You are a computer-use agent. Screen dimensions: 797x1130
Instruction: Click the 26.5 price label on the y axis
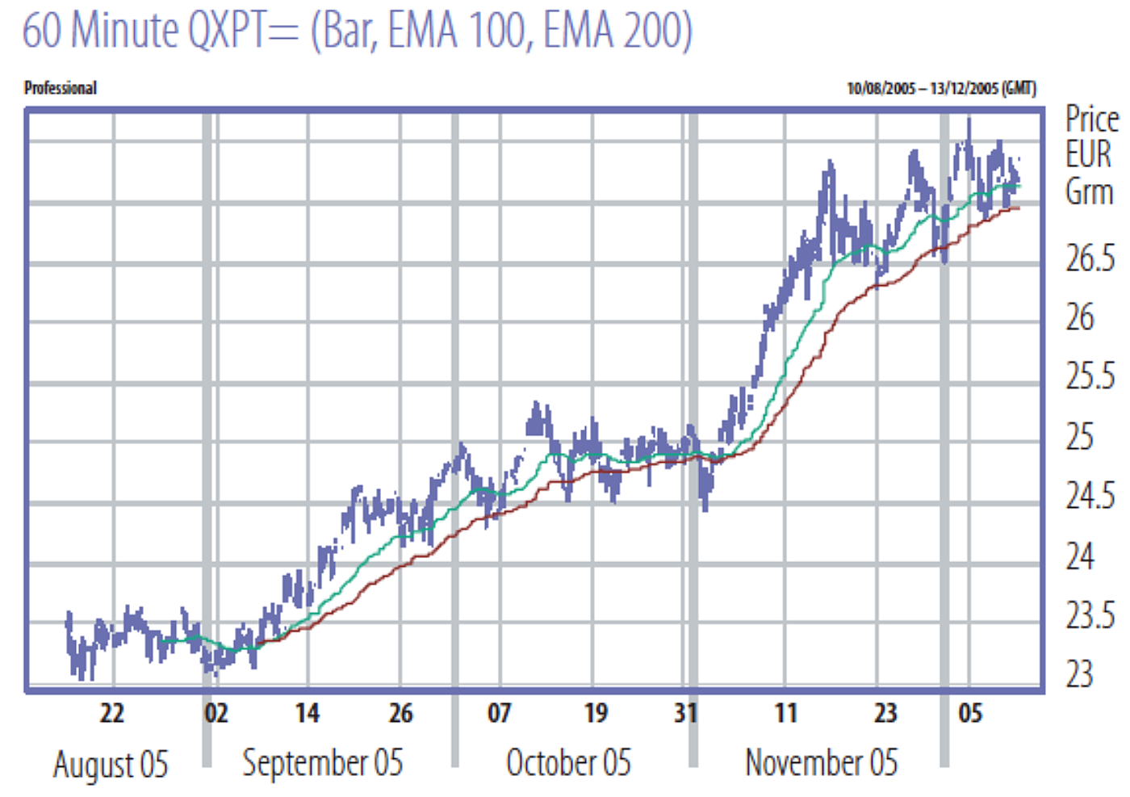1090,258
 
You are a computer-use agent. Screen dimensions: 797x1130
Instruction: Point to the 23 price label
1080,674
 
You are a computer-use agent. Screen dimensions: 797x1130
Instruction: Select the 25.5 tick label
1090,376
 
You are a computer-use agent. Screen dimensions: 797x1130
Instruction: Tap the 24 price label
1080,556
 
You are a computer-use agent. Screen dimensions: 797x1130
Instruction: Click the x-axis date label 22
112,713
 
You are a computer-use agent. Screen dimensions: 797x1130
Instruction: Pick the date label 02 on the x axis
216,713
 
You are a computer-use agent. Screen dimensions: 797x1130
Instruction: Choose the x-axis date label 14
307,713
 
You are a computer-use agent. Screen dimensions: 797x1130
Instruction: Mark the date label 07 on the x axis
500,713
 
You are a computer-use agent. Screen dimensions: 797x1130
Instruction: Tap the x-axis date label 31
685,713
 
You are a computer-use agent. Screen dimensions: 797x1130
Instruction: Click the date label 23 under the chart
885,713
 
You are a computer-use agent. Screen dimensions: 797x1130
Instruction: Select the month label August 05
111,764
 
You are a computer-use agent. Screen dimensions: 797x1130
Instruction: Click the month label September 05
322,763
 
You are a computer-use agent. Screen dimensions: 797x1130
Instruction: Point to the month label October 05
568,763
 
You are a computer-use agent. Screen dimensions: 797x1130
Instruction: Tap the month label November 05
821,763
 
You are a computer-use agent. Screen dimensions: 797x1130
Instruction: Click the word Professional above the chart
61,88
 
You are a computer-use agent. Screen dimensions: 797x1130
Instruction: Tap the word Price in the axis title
1092,120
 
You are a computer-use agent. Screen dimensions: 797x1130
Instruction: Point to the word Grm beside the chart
1089,192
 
